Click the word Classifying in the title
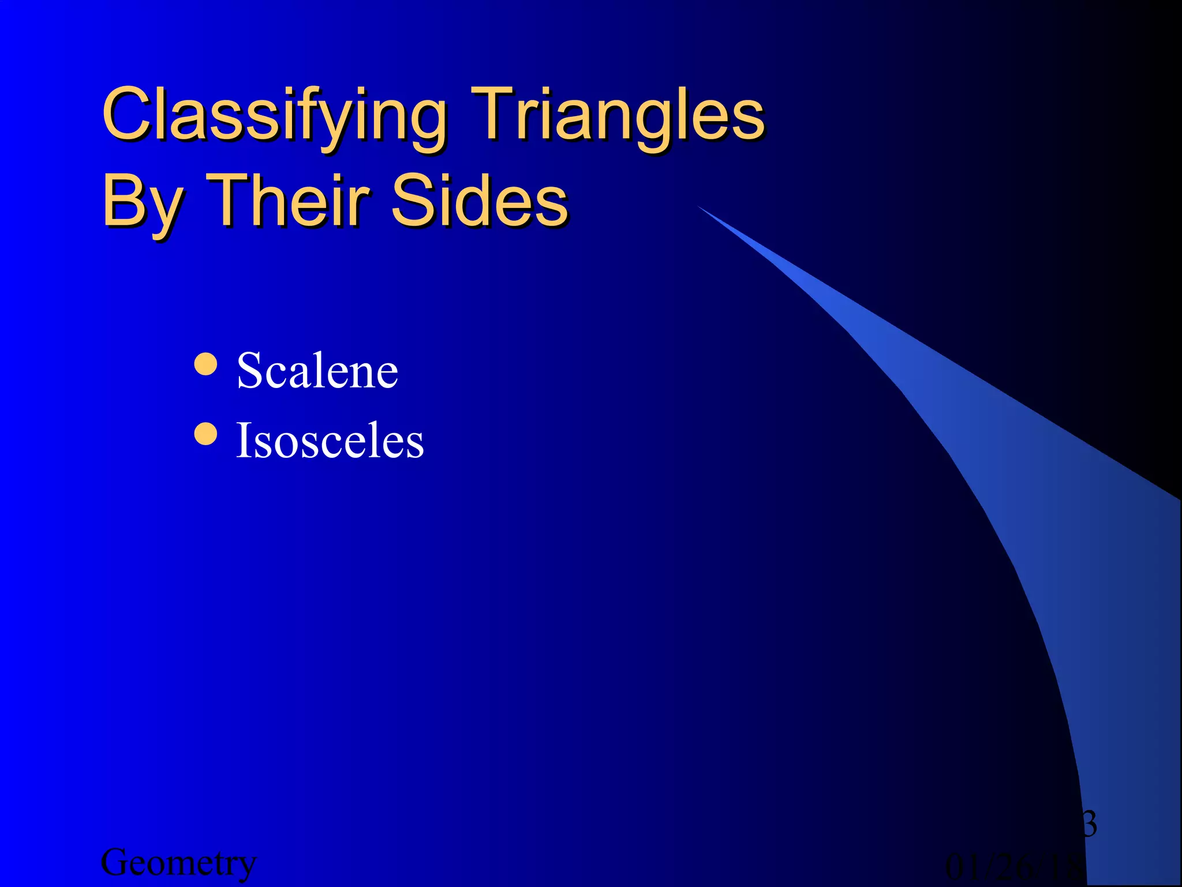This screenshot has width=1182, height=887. click(x=274, y=115)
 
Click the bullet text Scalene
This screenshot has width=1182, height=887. click(x=317, y=371)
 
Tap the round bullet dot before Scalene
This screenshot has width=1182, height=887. click(x=206, y=364)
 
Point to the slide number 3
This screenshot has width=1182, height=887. click(x=1089, y=824)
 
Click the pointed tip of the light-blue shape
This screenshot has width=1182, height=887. click(x=700, y=207)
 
